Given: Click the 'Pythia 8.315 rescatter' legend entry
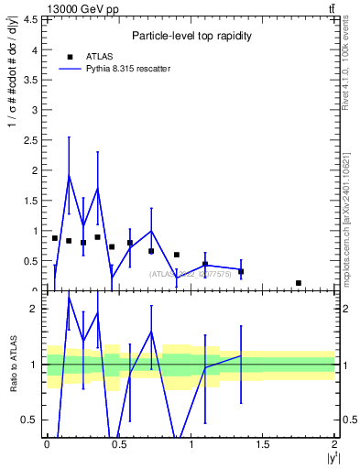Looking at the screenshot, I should tap(127, 69).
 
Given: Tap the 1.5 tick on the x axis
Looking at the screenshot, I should tap(263, 443).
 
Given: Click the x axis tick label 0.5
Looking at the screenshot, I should tap(118, 443).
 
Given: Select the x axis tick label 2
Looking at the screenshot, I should tap(335, 443).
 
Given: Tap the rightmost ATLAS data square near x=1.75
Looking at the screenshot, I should tap(299, 283).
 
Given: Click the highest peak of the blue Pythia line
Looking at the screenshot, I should tap(69, 175).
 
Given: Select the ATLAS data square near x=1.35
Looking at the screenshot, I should tap(241, 272).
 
